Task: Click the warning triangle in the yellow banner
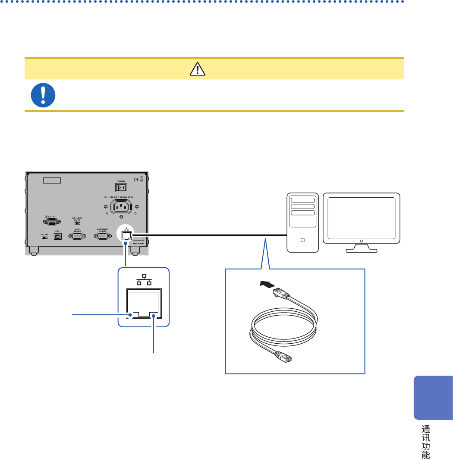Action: (x=197, y=69)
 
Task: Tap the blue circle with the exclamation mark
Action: (x=43, y=95)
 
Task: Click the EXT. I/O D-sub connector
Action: (x=52, y=222)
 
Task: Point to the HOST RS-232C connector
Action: (x=78, y=236)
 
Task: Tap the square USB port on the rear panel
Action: (x=57, y=237)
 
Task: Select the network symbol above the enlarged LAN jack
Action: (x=144, y=281)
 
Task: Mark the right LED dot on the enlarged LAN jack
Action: (x=154, y=316)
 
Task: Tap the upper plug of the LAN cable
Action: (x=282, y=294)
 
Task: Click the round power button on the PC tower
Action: (x=303, y=240)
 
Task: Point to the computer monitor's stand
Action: (x=362, y=248)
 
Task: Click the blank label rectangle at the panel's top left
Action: (x=52, y=180)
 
